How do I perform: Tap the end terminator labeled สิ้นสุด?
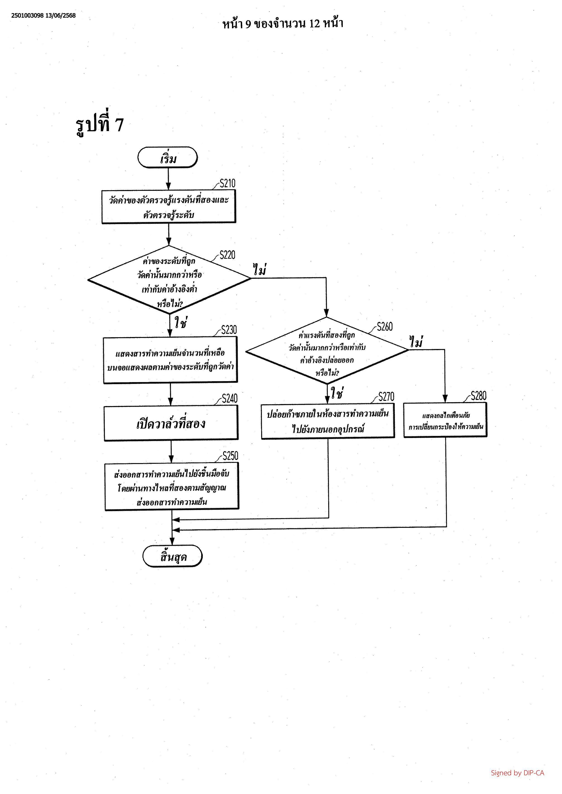pyautogui.click(x=172, y=556)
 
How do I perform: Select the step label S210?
pyautogui.click(x=227, y=183)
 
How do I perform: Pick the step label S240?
pyautogui.click(x=230, y=398)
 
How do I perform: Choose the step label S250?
pyautogui.click(x=230, y=456)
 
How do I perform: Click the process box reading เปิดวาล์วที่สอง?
pyautogui.click(x=171, y=423)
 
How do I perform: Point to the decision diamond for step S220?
pyautogui.click(x=169, y=280)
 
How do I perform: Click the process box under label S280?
pyautogui.click(x=445, y=420)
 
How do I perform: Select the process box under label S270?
pyautogui.click(x=328, y=421)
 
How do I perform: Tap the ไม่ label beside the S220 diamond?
pyautogui.click(x=260, y=270)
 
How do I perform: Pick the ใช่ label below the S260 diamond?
pyautogui.click(x=337, y=393)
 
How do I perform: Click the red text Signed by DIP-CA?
pyautogui.click(x=517, y=772)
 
